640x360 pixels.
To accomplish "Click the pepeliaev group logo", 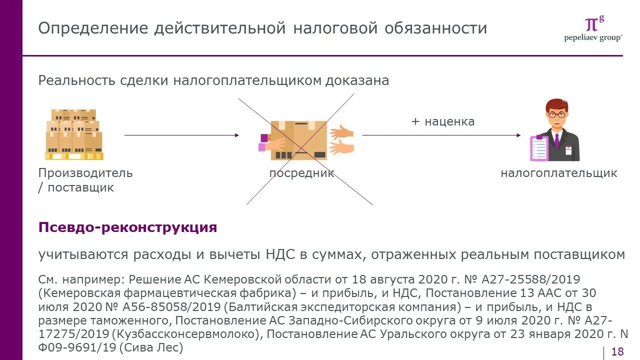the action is coord(593,29).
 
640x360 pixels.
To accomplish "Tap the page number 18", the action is coord(617,351).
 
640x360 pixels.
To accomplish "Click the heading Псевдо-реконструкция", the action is coord(127,227).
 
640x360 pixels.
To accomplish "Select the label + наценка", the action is coord(442,121).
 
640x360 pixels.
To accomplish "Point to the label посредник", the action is coord(301,173).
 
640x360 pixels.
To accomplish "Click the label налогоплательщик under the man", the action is coord(559,173).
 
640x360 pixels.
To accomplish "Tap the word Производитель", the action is coord(85,173).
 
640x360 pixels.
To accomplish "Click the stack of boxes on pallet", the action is coord(74,134).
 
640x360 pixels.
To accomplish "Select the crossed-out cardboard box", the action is coord(299,140).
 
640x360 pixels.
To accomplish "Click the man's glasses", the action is coord(556,114).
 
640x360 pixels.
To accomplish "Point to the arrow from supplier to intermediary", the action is coord(181,135).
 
